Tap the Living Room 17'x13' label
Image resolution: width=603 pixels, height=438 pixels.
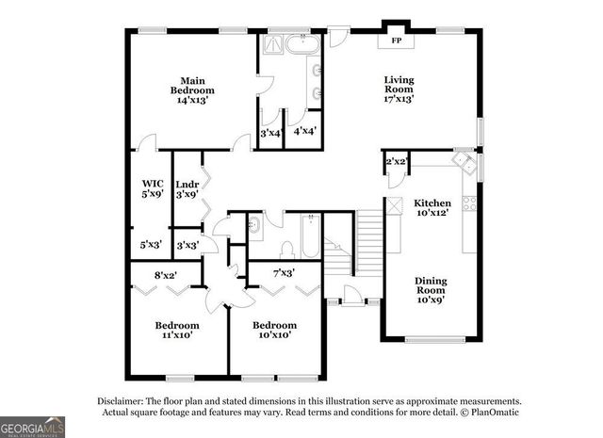pos(399,89)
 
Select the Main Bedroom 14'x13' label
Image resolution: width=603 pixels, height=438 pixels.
pos(186,89)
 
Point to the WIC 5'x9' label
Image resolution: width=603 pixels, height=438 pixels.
pos(153,188)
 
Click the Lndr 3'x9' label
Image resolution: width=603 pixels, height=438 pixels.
pos(186,188)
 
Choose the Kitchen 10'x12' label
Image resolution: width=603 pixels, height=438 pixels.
pos(432,207)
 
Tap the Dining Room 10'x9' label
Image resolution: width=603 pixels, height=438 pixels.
pos(432,290)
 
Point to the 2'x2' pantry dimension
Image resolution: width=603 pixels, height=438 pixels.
pos(396,162)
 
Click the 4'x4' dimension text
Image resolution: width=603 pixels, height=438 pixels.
pos(305,133)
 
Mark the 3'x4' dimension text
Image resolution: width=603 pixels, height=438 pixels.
pos(271,133)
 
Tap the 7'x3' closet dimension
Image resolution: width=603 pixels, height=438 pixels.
pos(283,273)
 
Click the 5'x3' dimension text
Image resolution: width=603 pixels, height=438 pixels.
pos(151,245)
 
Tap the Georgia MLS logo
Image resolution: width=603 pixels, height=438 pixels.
pos(33,426)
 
